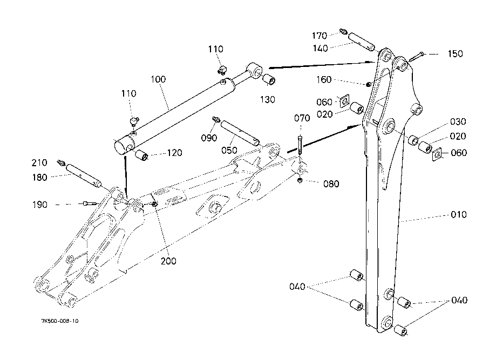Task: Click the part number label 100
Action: coord(158,79)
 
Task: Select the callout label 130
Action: coord(268,99)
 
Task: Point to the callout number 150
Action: coord(455,54)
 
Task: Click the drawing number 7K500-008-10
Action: coord(60,321)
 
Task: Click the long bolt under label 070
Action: coord(301,146)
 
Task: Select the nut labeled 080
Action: coord(301,180)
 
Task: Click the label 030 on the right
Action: coord(458,122)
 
